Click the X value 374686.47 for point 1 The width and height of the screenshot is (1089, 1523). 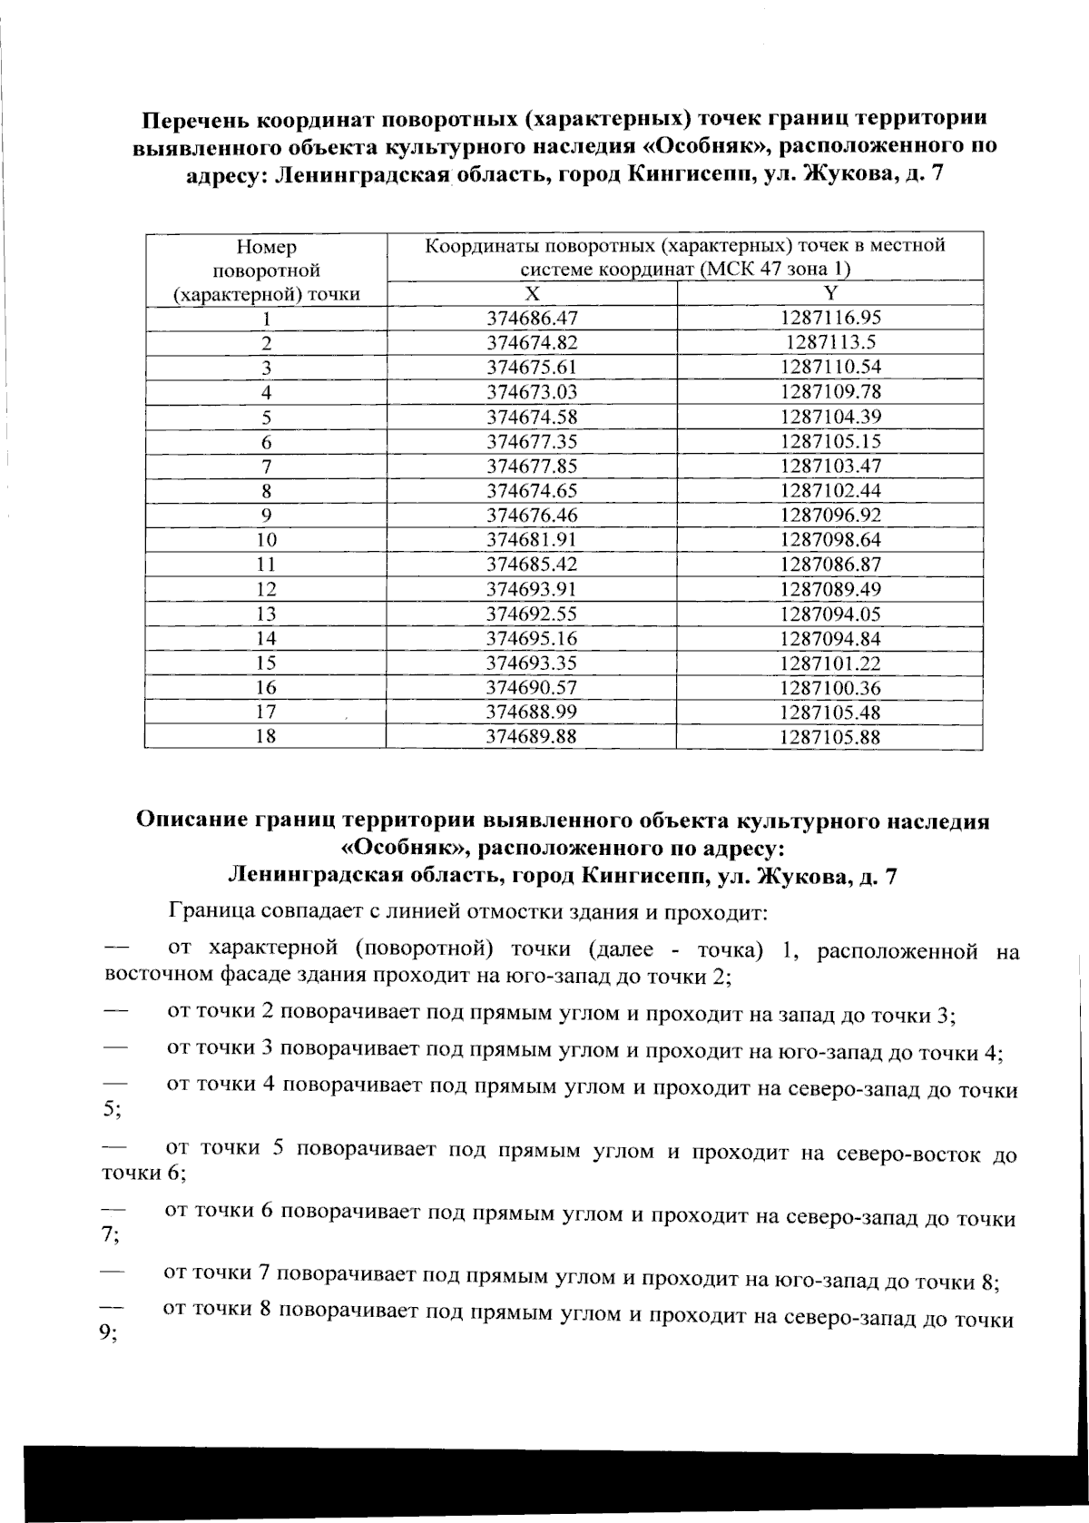[x=532, y=318]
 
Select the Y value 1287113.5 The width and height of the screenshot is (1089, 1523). [x=830, y=342]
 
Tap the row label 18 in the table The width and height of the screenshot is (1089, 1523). [x=265, y=737]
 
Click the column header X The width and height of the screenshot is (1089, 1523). [x=533, y=293]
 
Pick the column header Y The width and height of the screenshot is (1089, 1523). [x=830, y=292]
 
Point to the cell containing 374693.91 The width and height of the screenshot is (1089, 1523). [x=532, y=589]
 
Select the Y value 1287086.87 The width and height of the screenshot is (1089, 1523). [x=830, y=564]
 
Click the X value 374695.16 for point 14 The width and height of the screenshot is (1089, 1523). [x=532, y=638]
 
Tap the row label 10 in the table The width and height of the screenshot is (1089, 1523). [x=265, y=540]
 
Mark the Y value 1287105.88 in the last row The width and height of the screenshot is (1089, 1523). [x=830, y=737]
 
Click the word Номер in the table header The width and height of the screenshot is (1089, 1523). [x=266, y=247]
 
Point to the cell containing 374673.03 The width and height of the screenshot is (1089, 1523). [x=532, y=392]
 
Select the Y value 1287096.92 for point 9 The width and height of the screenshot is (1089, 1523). [x=830, y=515]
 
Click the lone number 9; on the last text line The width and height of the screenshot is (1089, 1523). [x=110, y=1334]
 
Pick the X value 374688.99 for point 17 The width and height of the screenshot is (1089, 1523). [x=532, y=712]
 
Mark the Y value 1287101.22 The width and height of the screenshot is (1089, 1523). [x=830, y=663]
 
